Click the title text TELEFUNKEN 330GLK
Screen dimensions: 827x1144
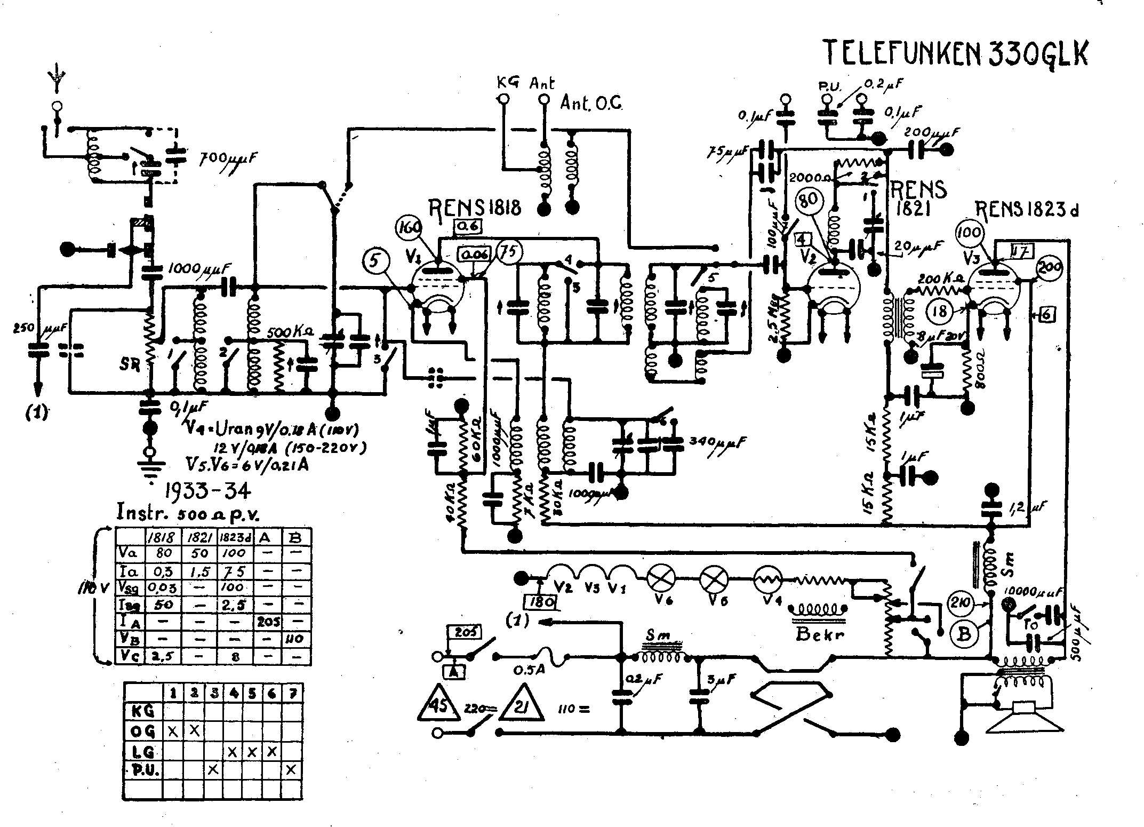click(955, 53)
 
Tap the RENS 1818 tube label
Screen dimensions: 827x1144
click(477, 207)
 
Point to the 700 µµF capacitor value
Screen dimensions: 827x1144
click(228, 158)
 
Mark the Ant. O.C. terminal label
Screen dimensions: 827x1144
click(591, 104)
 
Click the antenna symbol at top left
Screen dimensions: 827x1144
click(57, 80)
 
